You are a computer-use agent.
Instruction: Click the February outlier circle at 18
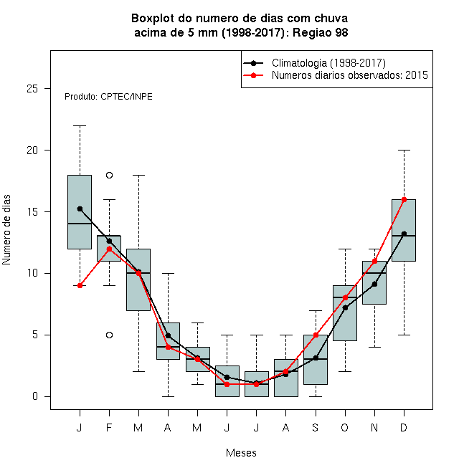(109, 176)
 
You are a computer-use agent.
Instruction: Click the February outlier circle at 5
(109, 335)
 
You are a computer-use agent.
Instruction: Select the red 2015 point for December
(404, 199)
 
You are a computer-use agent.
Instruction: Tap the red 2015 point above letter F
(109, 249)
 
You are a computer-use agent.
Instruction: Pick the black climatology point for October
(345, 307)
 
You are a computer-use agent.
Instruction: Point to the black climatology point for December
(404, 234)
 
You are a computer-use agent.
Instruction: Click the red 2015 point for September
(316, 335)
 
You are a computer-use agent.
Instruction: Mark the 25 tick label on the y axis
(32, 89)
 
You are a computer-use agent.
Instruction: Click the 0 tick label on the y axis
(35, 396)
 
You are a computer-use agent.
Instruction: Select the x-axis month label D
(404, 427)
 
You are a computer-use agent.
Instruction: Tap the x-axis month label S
(316, 427)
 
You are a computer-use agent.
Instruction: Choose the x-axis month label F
(109, 427)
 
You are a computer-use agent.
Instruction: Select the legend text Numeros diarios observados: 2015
(350, 75)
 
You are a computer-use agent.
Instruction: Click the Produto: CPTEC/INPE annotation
(108, 97)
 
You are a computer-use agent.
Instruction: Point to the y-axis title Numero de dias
(6, 230)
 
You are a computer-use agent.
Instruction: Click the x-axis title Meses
(241, 453)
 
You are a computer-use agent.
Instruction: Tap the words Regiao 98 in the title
(320, 32)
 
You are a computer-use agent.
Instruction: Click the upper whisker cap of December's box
(404, 150)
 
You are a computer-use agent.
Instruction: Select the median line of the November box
(374, 273)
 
